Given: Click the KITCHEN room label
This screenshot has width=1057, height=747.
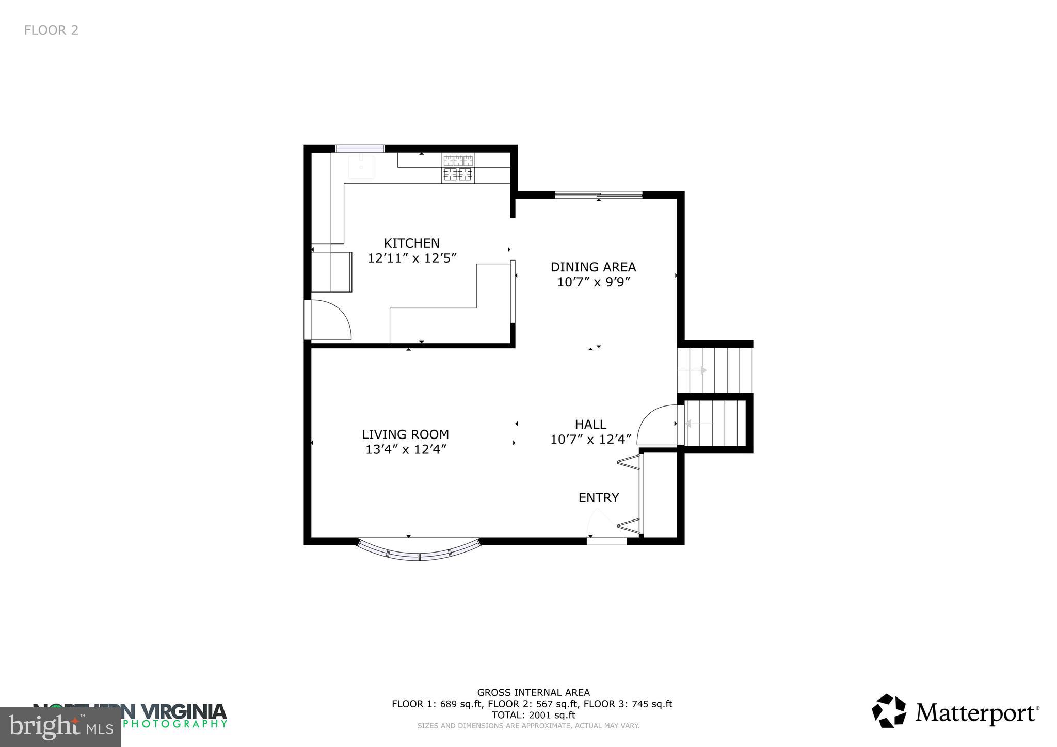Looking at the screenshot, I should [411, 243].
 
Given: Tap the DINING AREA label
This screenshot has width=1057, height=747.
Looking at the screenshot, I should [593, 267].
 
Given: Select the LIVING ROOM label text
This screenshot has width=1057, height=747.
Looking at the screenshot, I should [405, 434].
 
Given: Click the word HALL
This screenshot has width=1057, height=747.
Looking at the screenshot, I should [590, 424].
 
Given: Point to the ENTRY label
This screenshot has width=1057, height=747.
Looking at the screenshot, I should [598, 497].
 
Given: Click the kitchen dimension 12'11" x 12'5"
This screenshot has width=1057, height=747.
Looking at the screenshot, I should [412, 258].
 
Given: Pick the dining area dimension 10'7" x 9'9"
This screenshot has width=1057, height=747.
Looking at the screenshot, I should [594, 282].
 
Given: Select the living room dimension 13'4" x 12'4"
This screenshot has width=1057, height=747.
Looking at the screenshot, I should [405, 449].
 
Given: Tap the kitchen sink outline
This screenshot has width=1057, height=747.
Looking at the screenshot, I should [361, 166].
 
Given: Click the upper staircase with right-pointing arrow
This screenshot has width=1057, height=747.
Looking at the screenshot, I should [715, 370].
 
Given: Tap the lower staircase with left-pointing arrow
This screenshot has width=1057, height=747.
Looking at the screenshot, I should [715, 424].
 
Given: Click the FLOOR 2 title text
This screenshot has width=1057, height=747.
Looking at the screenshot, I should [51, 30].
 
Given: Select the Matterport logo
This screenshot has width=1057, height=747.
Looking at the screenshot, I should [955, 712].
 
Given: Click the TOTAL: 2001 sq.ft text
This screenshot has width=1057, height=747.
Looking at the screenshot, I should [533, 715].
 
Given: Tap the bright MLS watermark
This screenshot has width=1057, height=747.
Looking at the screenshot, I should [60, 727].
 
